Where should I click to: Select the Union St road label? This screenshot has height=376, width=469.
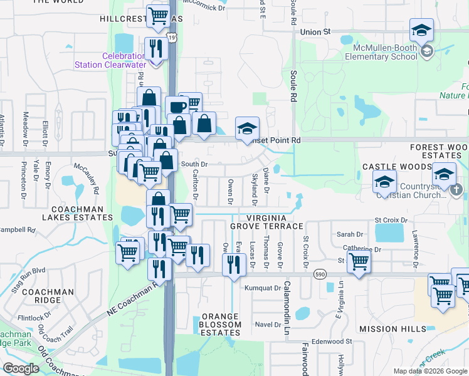tap(315, 31)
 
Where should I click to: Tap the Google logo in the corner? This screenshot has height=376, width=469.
tap(21, 368)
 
